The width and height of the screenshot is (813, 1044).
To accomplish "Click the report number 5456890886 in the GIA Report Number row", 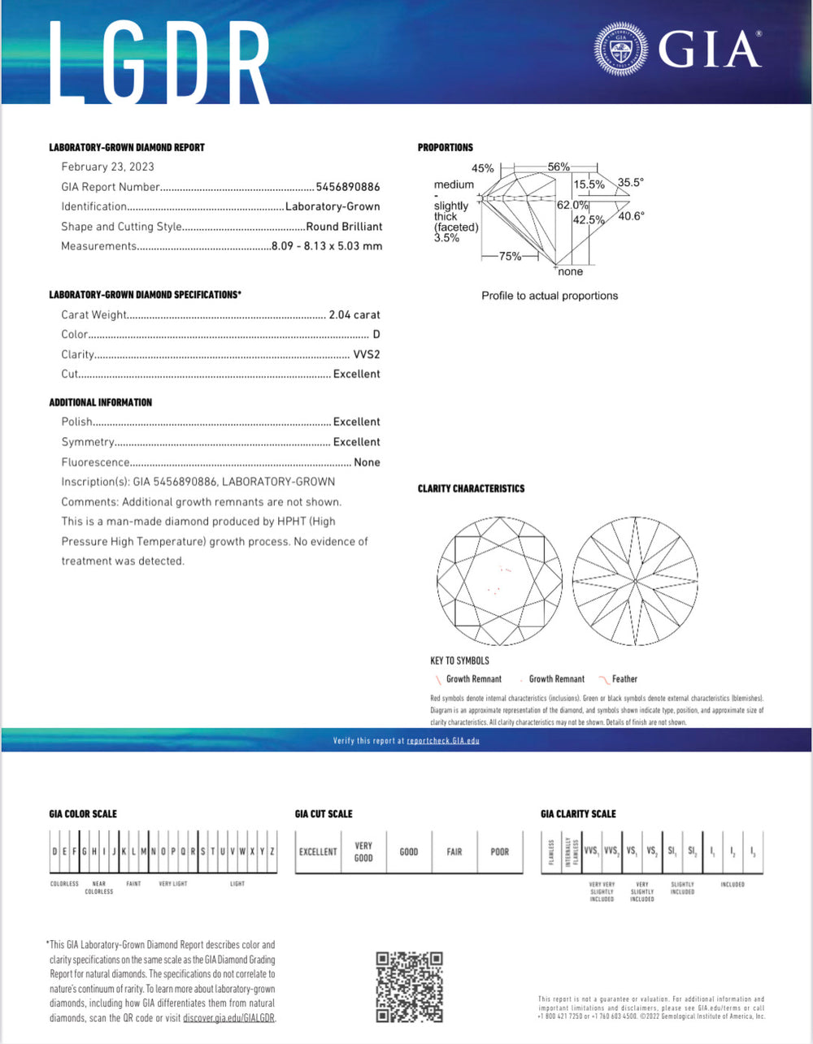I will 348,187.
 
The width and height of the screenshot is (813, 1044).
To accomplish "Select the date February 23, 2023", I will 107,167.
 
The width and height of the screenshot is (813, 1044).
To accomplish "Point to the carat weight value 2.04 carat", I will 354,314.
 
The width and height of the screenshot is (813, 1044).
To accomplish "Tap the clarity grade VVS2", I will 367,354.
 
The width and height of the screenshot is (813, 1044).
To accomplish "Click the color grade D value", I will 376,335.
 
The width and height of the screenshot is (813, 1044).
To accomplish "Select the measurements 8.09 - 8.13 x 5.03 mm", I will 326,246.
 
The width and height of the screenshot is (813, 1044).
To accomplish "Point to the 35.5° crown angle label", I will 630,183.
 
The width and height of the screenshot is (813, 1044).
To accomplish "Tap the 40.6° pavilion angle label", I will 631,216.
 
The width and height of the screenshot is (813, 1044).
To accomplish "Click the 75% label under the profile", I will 510,256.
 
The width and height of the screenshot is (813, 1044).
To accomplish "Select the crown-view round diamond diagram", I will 499,582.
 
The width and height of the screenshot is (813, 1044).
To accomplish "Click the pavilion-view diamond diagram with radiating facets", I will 635,582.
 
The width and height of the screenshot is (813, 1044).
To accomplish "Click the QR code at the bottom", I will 410,987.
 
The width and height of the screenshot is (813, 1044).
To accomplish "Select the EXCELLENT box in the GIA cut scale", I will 318,851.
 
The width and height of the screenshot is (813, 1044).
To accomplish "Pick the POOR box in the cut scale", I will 500,851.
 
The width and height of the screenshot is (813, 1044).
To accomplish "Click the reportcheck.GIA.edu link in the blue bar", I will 443,741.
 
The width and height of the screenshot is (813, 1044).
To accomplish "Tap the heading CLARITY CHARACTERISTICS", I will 471,488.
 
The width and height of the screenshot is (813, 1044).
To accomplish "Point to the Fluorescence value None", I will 367,462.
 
